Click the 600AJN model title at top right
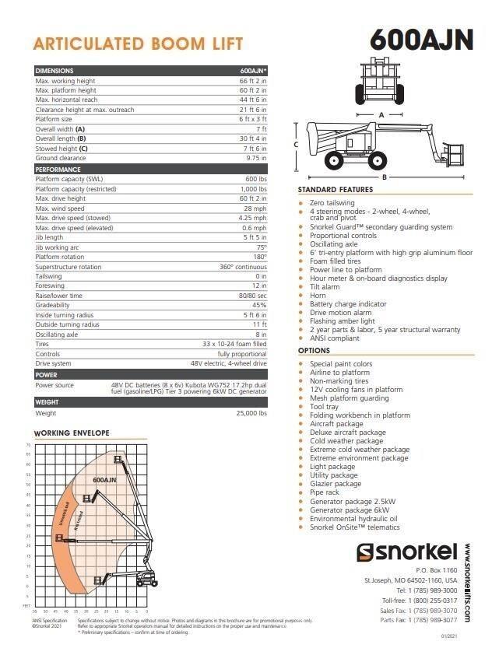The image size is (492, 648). click(421, 39)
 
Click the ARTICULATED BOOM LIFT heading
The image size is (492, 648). click(139, 44)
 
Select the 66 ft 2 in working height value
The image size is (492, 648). click(253, 80)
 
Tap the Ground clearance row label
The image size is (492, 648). click(61, 158)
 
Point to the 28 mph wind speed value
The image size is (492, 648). click(255, 208)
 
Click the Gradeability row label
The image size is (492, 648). click(52, 305)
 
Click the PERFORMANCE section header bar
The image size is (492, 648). click(150, 169)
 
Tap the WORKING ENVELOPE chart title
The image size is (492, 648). click(72, 433)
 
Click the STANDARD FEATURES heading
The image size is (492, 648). click(335, 190)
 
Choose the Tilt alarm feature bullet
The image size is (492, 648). click(325, 287)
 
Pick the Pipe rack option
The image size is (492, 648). click(325, 492)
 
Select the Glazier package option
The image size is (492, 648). click(336, 484)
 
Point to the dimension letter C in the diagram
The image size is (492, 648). click(296, 145)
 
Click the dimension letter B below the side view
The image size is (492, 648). click(384, 177)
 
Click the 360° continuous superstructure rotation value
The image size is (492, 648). click(243, 267)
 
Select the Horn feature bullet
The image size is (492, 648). click(318, 296)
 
